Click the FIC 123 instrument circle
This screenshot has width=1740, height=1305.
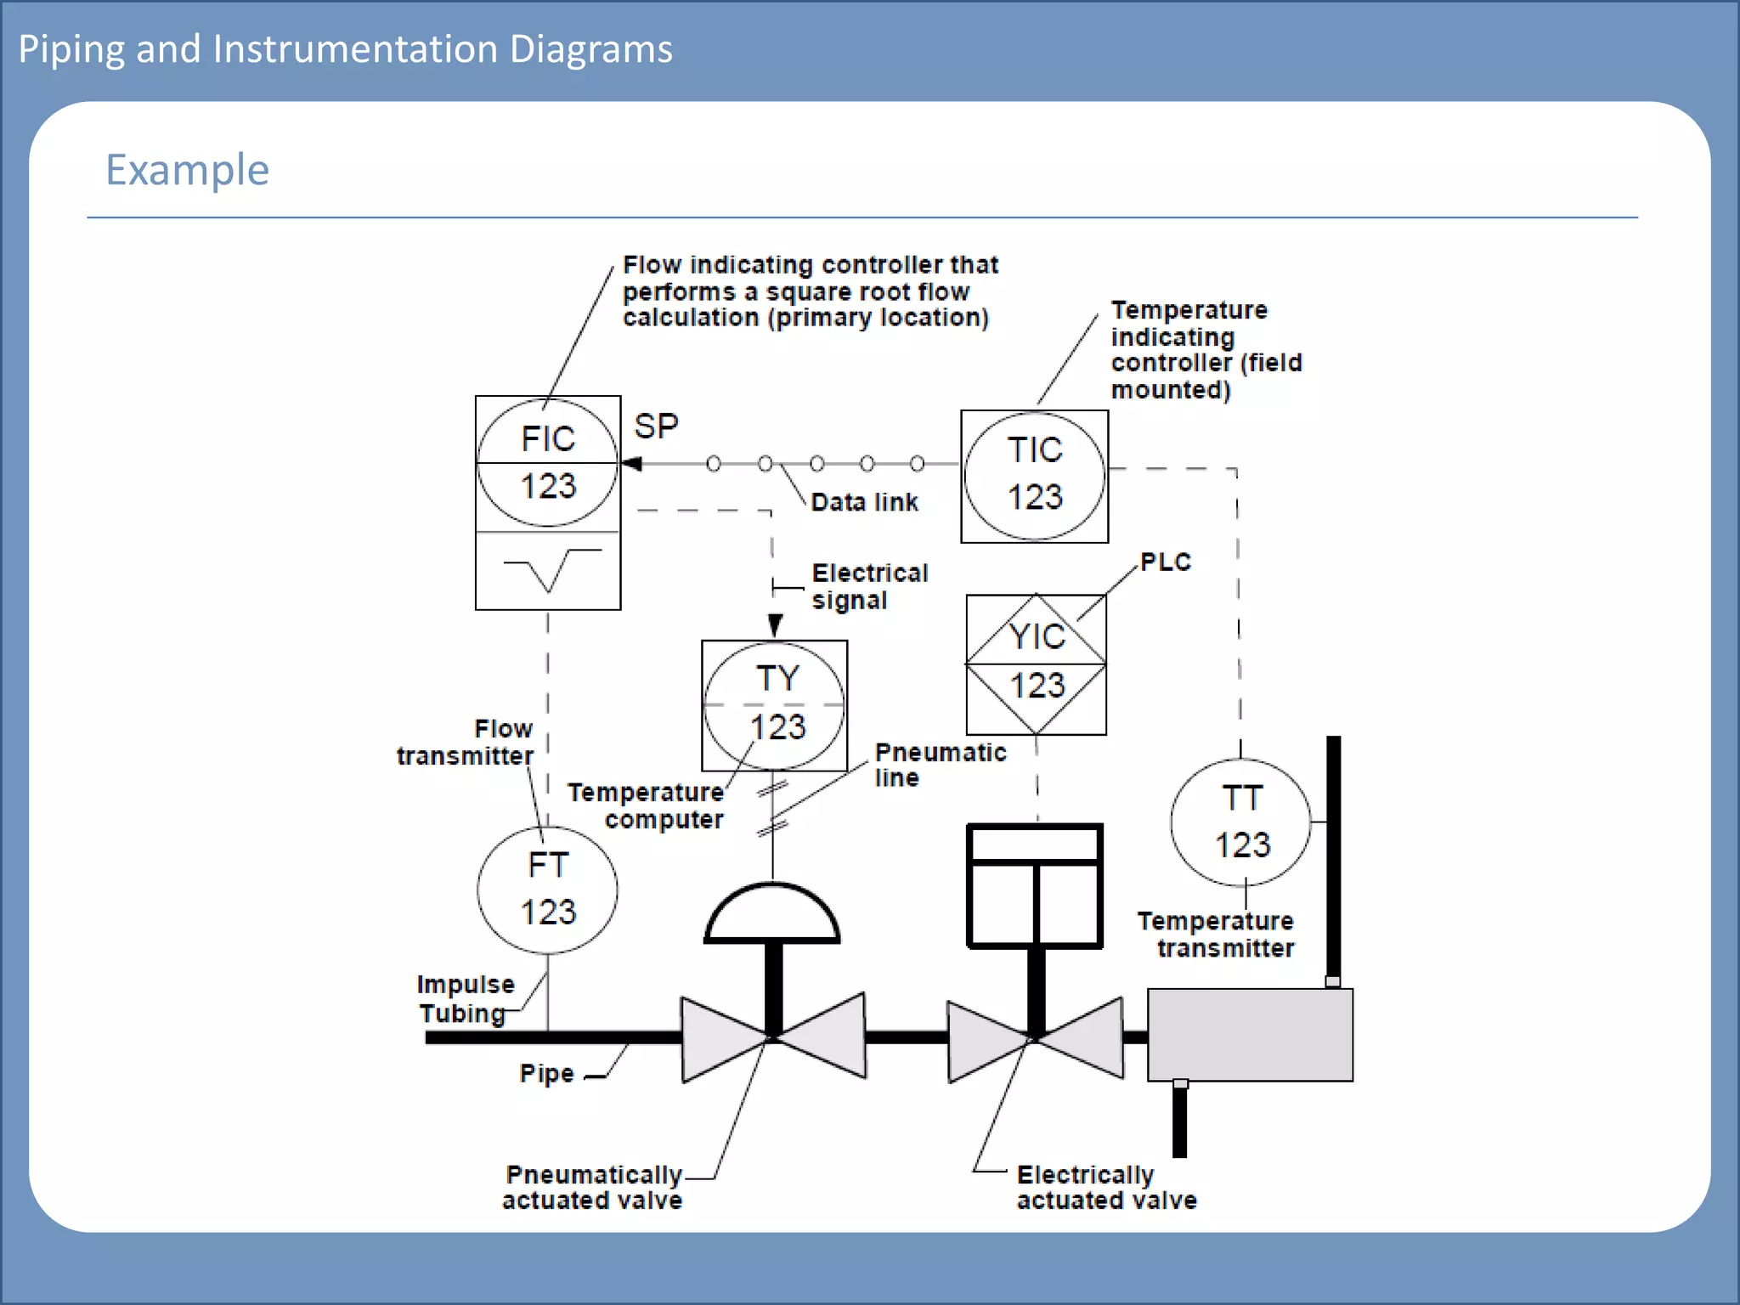[547, 463]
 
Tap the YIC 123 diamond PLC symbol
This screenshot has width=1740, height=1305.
[1036, 664]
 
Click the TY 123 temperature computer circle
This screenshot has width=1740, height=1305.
[774, 705]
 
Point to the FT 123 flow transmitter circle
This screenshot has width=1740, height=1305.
[547, 890]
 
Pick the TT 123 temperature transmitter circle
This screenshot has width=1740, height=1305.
[1240, 822]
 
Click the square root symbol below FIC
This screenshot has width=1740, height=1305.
[551, 568]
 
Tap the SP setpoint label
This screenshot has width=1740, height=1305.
[656, 427]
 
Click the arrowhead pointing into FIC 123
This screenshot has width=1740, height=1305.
[632, 463]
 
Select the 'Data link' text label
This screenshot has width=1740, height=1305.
[864, 502]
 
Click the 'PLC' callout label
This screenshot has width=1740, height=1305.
[1165, 562]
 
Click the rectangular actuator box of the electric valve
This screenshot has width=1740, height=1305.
[1035, 885]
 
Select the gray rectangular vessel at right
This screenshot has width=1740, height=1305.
[1249, 1034]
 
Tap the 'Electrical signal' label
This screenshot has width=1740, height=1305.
[869, 586]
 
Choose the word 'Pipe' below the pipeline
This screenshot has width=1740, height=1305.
[546, 1073]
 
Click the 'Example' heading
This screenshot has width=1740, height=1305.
[187, 170]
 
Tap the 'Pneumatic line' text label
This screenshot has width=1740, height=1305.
[939, 765]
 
